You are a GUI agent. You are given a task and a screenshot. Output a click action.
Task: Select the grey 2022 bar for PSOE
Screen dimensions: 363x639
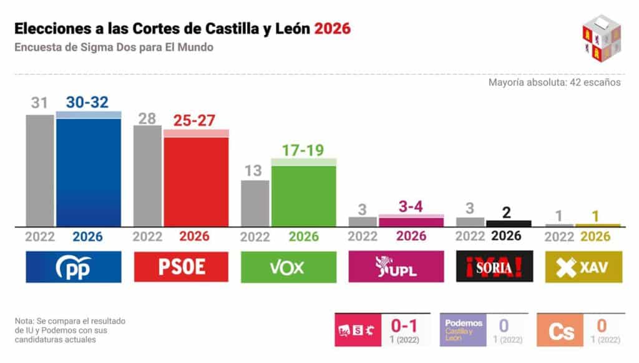point(148,176)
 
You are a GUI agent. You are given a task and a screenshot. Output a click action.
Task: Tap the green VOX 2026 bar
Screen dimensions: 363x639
point(304,195)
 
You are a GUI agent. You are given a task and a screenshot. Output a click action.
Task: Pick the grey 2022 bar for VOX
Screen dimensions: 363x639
point(255,203)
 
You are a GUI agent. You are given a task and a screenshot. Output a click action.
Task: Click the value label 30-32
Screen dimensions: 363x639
point(88,102)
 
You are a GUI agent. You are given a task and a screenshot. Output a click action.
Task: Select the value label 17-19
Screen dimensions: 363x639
point(304,150)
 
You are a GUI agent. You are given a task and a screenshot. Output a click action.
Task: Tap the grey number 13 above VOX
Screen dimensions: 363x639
point(255,171)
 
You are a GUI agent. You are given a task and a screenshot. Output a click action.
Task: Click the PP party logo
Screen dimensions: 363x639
point(74,267)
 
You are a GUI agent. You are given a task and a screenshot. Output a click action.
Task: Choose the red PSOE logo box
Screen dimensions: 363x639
point(181,267)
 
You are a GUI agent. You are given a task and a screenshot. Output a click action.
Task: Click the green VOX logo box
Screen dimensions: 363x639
point(288,267)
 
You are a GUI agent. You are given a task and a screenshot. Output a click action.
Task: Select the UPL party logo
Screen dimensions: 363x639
point(396,267)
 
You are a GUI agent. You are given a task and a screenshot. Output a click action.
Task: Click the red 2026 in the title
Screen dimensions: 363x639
point(333,29)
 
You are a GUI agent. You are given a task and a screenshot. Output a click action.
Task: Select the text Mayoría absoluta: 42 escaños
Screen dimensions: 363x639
point(554,82)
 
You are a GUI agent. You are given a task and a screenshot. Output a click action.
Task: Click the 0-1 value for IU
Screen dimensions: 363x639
point(404,325)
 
